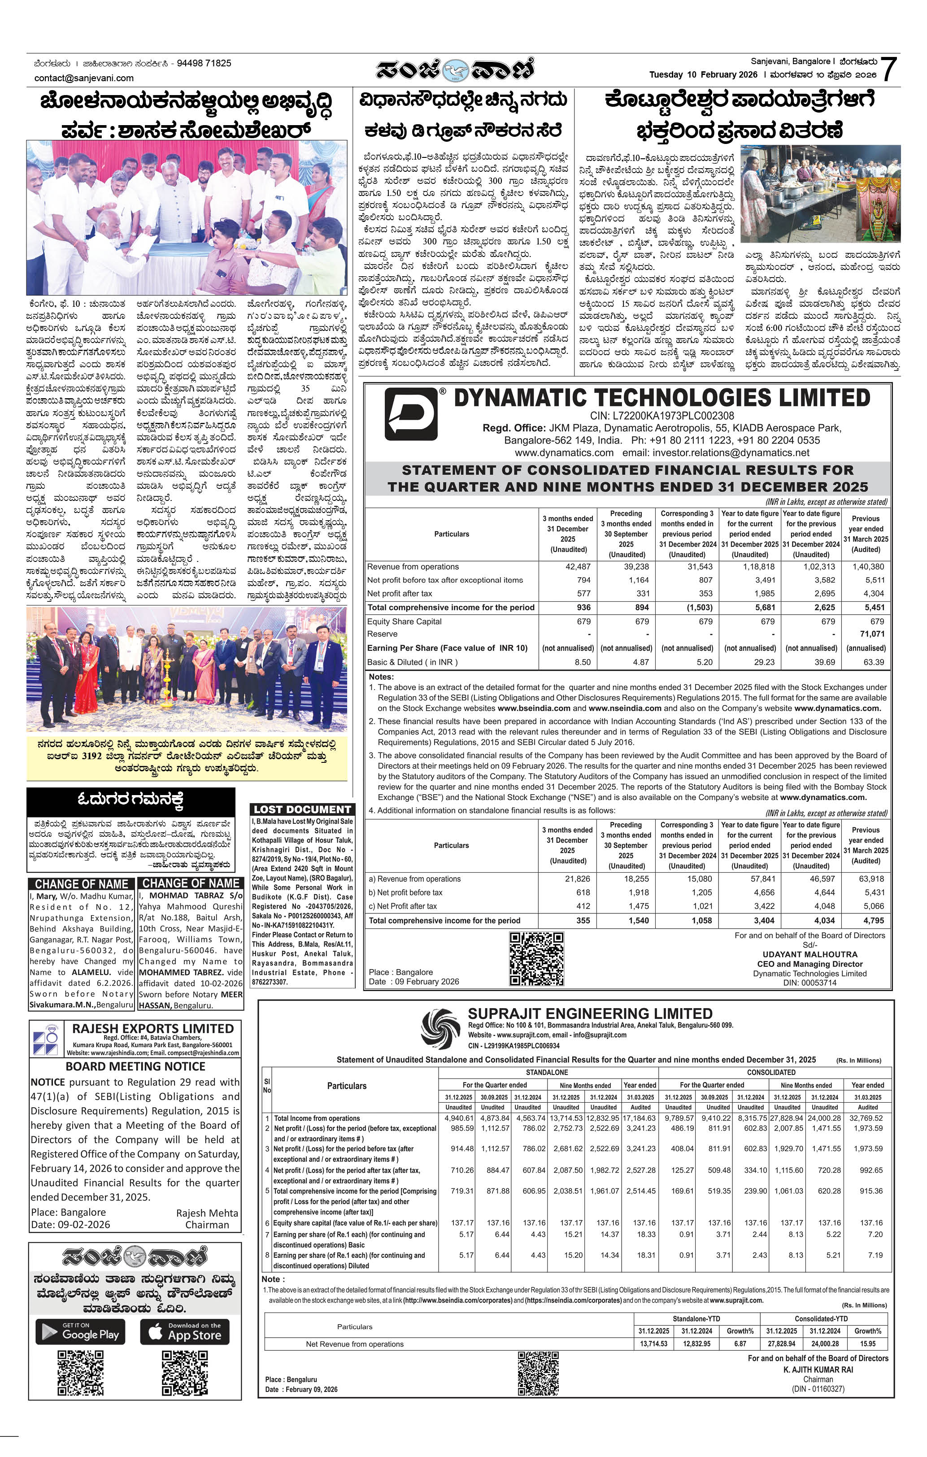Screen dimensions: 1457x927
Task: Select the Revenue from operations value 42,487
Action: (x=578, y=567)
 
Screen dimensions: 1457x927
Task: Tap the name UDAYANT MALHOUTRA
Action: (x=809, y=954)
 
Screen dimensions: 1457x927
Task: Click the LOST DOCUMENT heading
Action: (x=302, y=809)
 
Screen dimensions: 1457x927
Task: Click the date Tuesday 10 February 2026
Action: (x=703, y=75)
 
